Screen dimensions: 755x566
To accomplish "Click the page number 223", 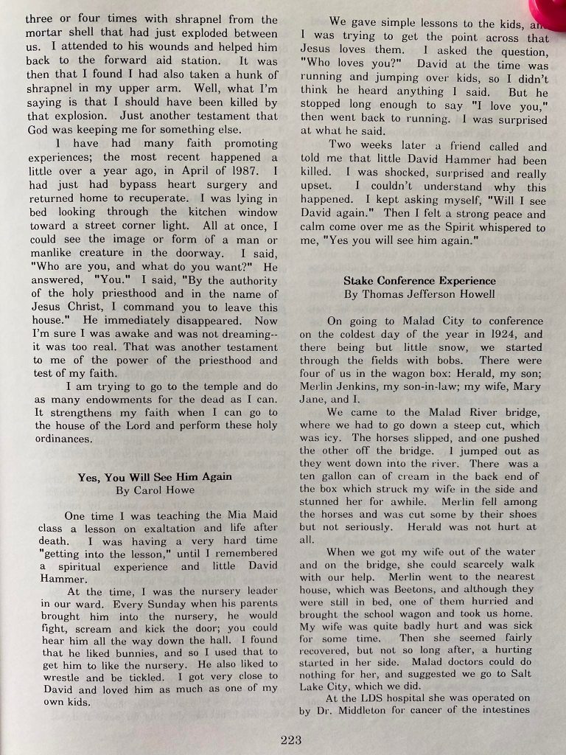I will point(291,740).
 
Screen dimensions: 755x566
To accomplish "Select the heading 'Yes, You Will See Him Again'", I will point(155,477).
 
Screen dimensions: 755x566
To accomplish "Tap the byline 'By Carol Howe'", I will point(155,490).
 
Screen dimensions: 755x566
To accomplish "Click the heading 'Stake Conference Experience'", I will point(419,281).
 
